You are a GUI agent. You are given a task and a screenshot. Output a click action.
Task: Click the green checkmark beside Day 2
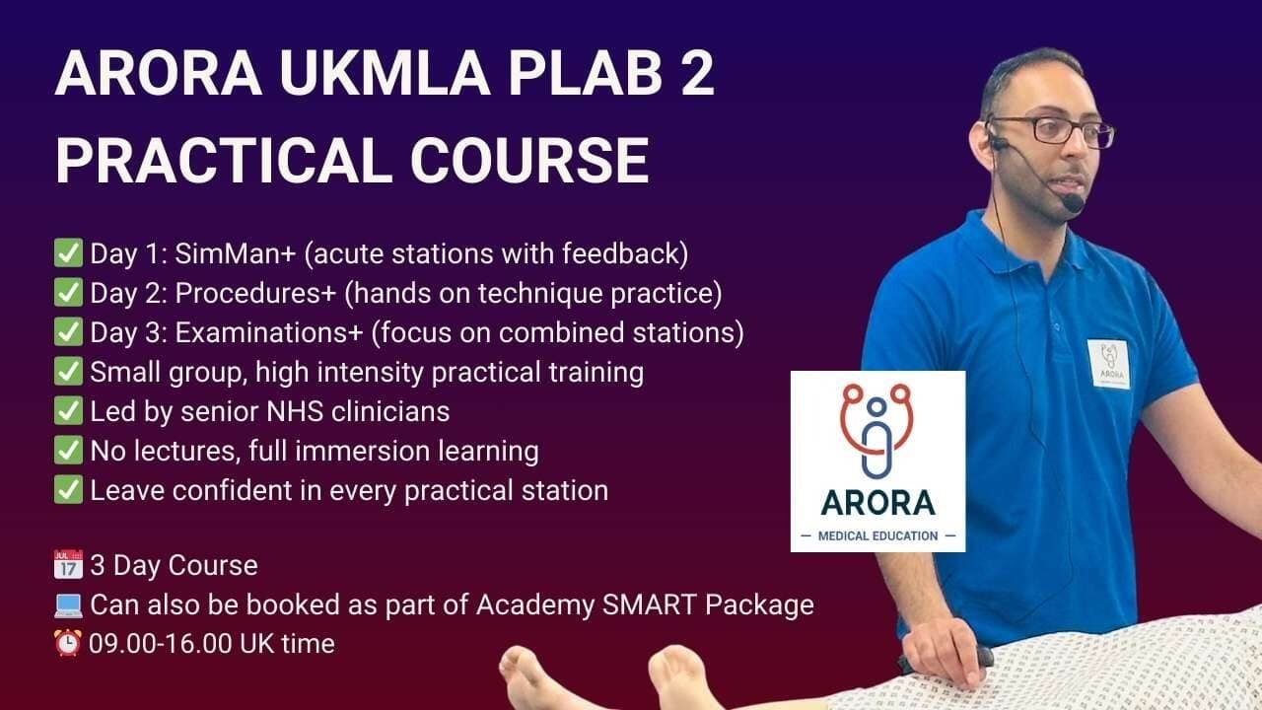pyautogui.click(x=68, y=293)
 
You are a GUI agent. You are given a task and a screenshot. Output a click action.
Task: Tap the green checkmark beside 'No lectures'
pyautogui.click(x=68, y=451)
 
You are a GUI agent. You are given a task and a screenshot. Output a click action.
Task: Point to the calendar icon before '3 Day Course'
pyautogui.click(x=68, y=565)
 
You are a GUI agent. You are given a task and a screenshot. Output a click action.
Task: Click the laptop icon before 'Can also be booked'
pyautogui.click(x=68, y=604)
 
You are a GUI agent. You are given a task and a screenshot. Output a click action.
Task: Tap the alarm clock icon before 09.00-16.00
pyautogui.click(x=68, y=644)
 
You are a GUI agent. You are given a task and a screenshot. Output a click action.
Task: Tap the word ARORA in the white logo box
pyautogui.click(x=877, y=502)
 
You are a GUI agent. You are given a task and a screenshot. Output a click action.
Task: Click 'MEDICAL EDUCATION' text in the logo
pyautogui.click(x=877, y=535)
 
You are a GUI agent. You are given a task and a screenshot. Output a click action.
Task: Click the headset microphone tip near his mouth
pyautogui.click(x=1072, y=203)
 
